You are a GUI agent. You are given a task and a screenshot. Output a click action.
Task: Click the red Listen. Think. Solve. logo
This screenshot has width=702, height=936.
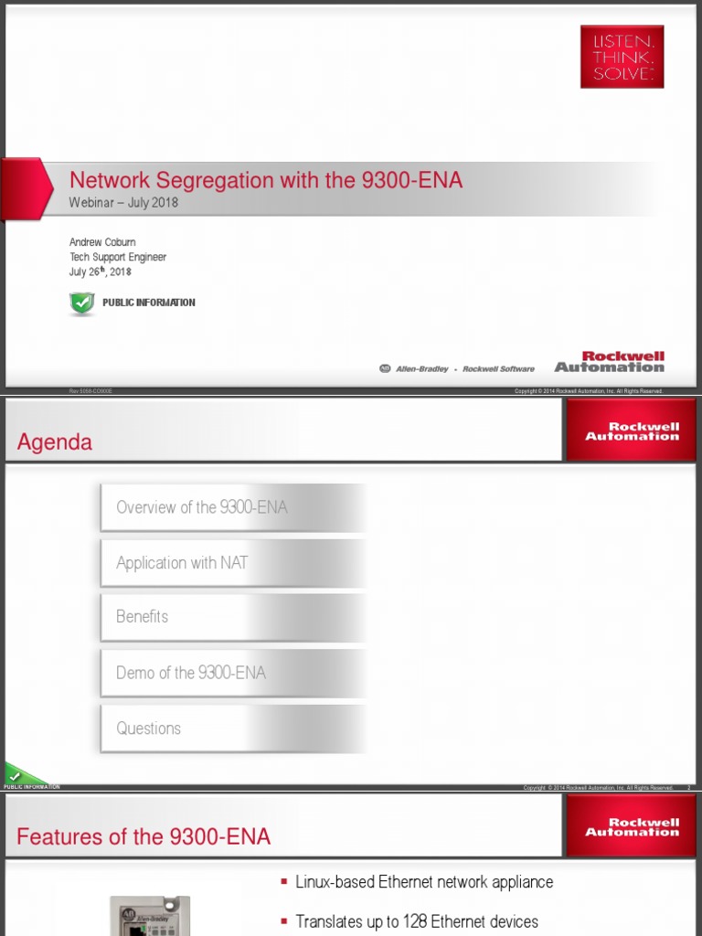(622, 57)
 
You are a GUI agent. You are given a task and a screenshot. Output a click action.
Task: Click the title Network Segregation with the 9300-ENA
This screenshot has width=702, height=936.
(266, 181)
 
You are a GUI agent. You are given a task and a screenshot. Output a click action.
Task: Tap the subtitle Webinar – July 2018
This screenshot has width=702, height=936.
(123, 203)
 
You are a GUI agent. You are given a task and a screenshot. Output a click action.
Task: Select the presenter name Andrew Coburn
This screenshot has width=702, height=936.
(102, 242)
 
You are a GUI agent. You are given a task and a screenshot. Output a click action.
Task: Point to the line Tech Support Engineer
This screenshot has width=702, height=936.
(118, 257)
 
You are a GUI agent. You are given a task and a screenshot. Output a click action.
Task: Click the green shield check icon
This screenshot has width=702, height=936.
(82, 303)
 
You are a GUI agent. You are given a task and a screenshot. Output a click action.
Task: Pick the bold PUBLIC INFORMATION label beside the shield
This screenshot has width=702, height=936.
(148, 303)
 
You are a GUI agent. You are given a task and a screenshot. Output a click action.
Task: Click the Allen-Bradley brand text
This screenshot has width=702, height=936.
(421, 369)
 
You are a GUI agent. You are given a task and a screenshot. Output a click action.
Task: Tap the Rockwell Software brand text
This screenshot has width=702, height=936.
(498, 369)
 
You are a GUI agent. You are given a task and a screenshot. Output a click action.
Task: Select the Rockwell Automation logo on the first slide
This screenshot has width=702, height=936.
(610, 362)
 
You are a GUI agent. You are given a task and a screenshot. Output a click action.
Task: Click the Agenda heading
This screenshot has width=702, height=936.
(55, 442)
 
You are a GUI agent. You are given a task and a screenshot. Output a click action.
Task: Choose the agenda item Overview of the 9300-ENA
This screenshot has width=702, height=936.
(202, 507)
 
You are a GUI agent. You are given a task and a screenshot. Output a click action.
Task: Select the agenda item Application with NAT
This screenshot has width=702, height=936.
(182, 563)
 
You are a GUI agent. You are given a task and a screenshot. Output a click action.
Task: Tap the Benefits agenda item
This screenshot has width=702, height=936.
(143, 617)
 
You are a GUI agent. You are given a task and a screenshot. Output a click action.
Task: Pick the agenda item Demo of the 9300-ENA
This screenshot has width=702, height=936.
(191, 673)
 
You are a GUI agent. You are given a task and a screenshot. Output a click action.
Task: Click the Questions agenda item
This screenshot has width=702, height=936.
(149, 729)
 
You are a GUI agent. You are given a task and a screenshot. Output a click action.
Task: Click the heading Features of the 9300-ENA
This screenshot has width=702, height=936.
(144, 836)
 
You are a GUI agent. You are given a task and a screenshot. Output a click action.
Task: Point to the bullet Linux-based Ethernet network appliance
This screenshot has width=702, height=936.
(424, 882)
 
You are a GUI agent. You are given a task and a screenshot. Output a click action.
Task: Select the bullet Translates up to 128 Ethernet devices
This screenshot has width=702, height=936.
(417, 921)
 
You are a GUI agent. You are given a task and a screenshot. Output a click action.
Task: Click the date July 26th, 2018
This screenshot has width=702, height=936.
(101, 271)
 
